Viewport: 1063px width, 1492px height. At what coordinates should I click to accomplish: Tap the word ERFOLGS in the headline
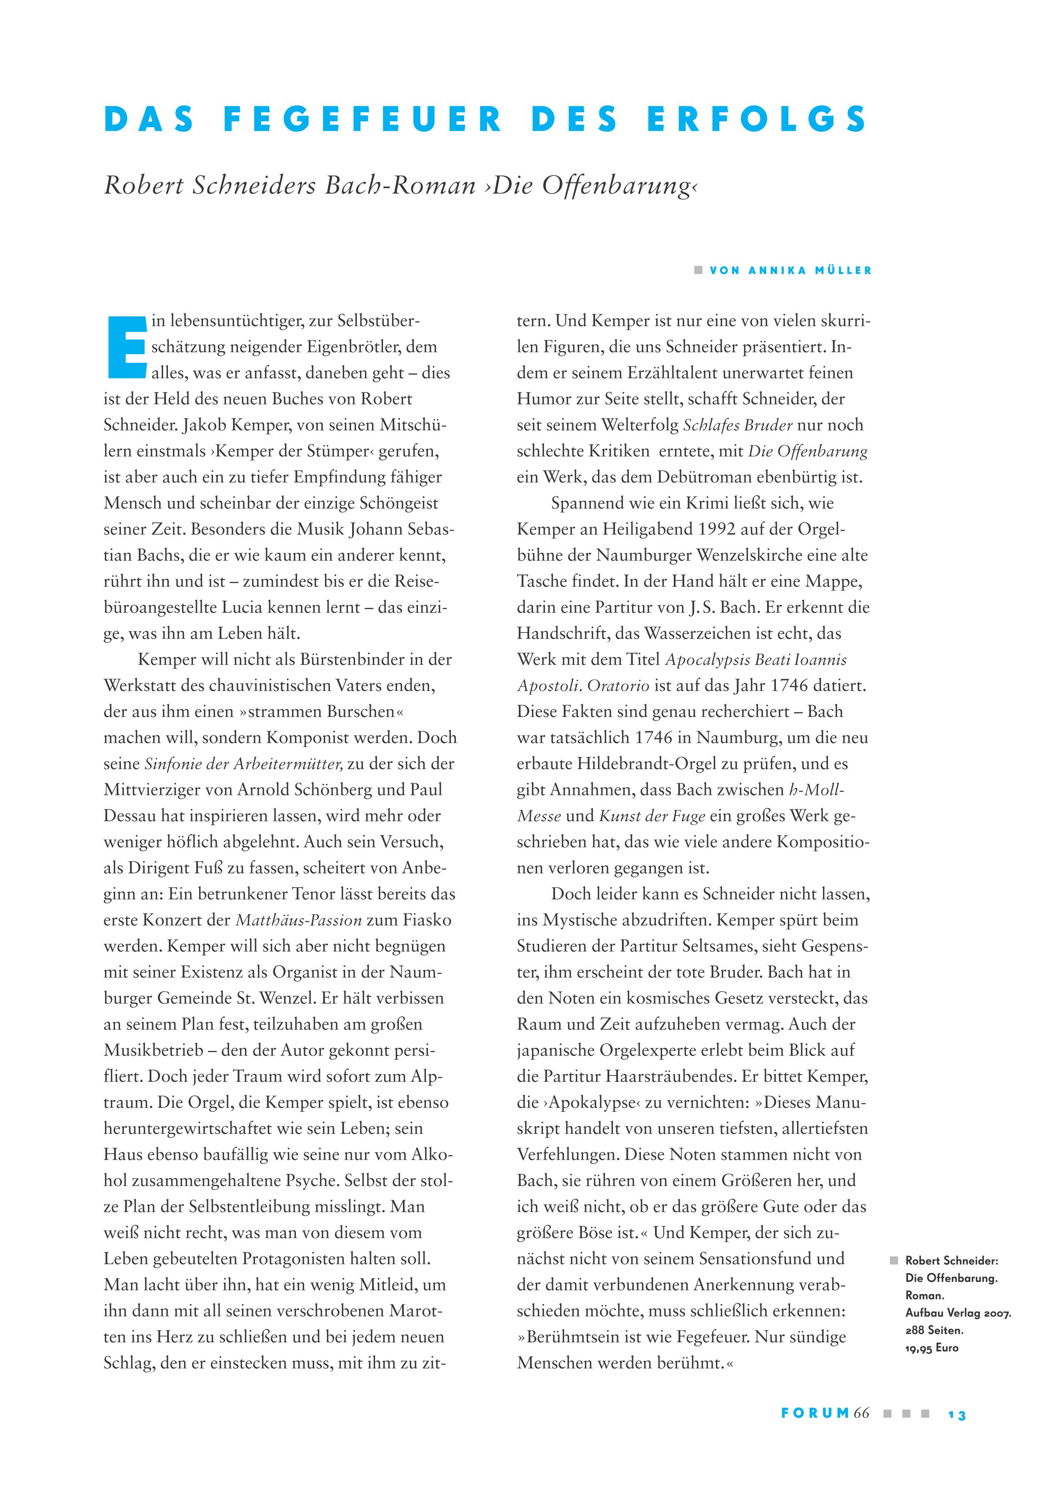pos(757,120)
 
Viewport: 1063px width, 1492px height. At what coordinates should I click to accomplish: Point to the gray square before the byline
pos(698,270)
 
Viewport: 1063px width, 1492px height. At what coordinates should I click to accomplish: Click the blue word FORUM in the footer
pos(815,1414)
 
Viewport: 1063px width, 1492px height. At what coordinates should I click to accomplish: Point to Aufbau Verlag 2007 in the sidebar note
pos(958,1313)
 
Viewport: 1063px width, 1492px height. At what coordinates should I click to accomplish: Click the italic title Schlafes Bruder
pos(738,425)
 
